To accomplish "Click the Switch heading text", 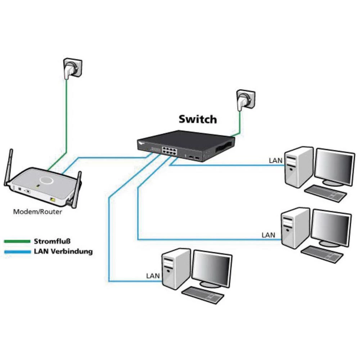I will pyautogui.click(x=198, y=119).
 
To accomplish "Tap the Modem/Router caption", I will pyautogui.click(x=37, y=212).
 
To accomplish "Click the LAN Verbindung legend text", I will pyautogui.click(x=63, y=251).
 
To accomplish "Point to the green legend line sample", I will pyautogui.click(x=17, y=241).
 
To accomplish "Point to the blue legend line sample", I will pyautogui.click(x=17, y=252).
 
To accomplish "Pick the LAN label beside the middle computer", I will pyautogui.click(x=268, y=235).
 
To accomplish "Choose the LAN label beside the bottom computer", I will pyautogui.click(x=153, y=276).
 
